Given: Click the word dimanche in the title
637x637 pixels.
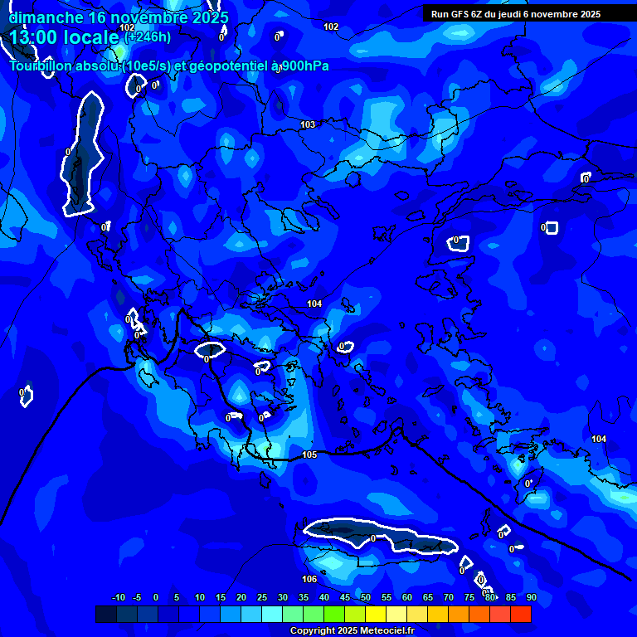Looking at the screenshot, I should click(x=46, y=17).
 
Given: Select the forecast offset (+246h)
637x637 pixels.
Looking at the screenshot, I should click(x=148, y=36).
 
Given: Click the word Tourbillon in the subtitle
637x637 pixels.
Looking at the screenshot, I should click(x=46, y=66).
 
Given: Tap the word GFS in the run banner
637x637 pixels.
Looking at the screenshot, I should click(x=462, y=14).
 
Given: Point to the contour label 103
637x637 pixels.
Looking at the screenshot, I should click(x=308, y=124).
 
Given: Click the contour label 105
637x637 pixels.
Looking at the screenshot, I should click(x=309, y=455).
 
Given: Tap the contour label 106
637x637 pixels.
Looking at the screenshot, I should click(x=309, y=579).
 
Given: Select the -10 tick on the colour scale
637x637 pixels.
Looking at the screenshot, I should click(x=119, y=597).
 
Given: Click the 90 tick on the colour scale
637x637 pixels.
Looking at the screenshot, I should click(x=531, y=597).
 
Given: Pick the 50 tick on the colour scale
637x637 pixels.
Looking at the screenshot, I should click(x=366, y=597).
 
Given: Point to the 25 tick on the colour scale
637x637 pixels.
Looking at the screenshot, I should click(x=262, y=597).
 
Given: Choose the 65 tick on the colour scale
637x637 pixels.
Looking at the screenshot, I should click(x=428, y=597).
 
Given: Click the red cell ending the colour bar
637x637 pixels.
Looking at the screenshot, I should click(x=521, y=614).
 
